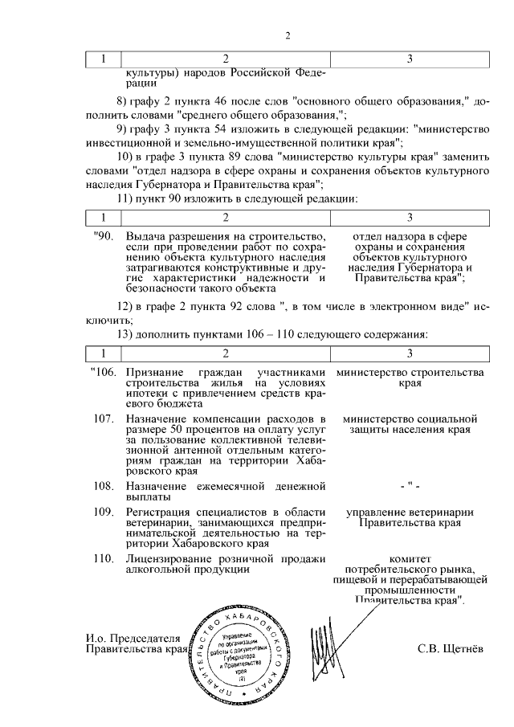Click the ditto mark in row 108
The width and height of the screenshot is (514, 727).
[410, 487]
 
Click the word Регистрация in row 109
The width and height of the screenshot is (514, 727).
[161, 513]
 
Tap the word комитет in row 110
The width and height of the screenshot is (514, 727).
[410, 558]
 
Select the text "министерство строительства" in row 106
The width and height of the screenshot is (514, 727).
[410, 373]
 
